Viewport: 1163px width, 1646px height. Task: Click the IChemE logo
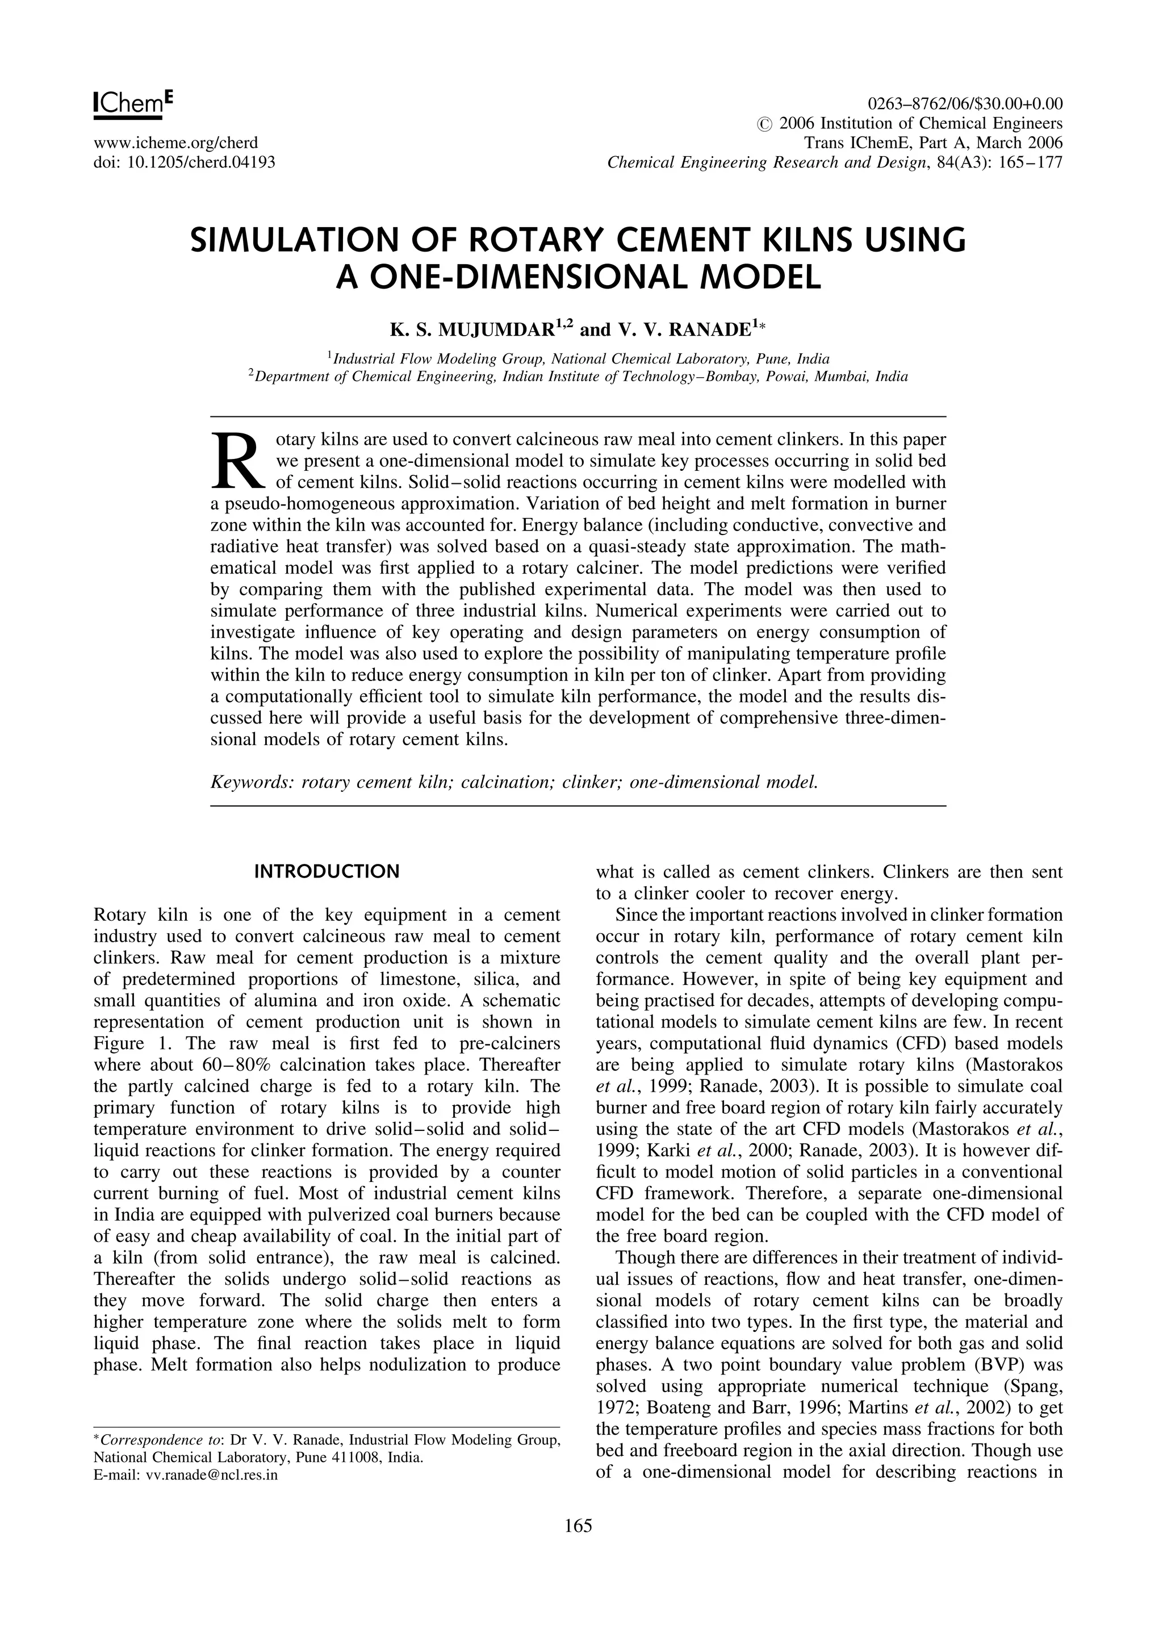pyautogui.click(x=133, y=102)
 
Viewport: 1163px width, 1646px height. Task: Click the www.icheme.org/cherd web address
pyautogui.click(x=175, y=143)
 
